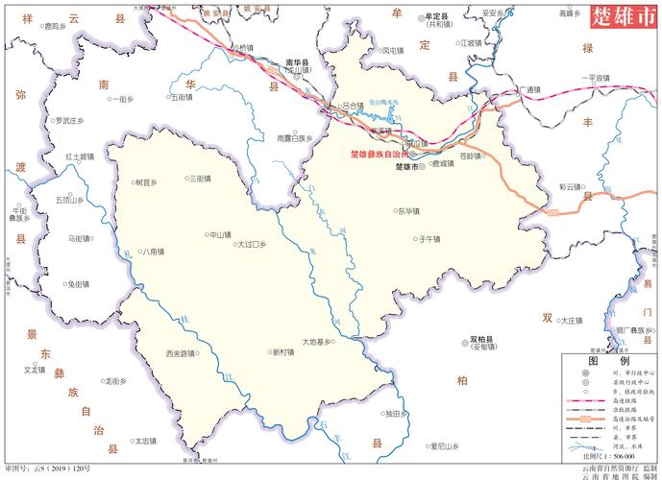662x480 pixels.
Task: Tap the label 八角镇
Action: click(151, 252)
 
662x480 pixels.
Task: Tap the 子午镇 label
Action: click(428, 239)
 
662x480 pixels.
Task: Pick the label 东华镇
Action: click(408, 210)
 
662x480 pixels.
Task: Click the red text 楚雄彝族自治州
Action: click(379, 154)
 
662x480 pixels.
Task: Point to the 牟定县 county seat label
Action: click(437, 16)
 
